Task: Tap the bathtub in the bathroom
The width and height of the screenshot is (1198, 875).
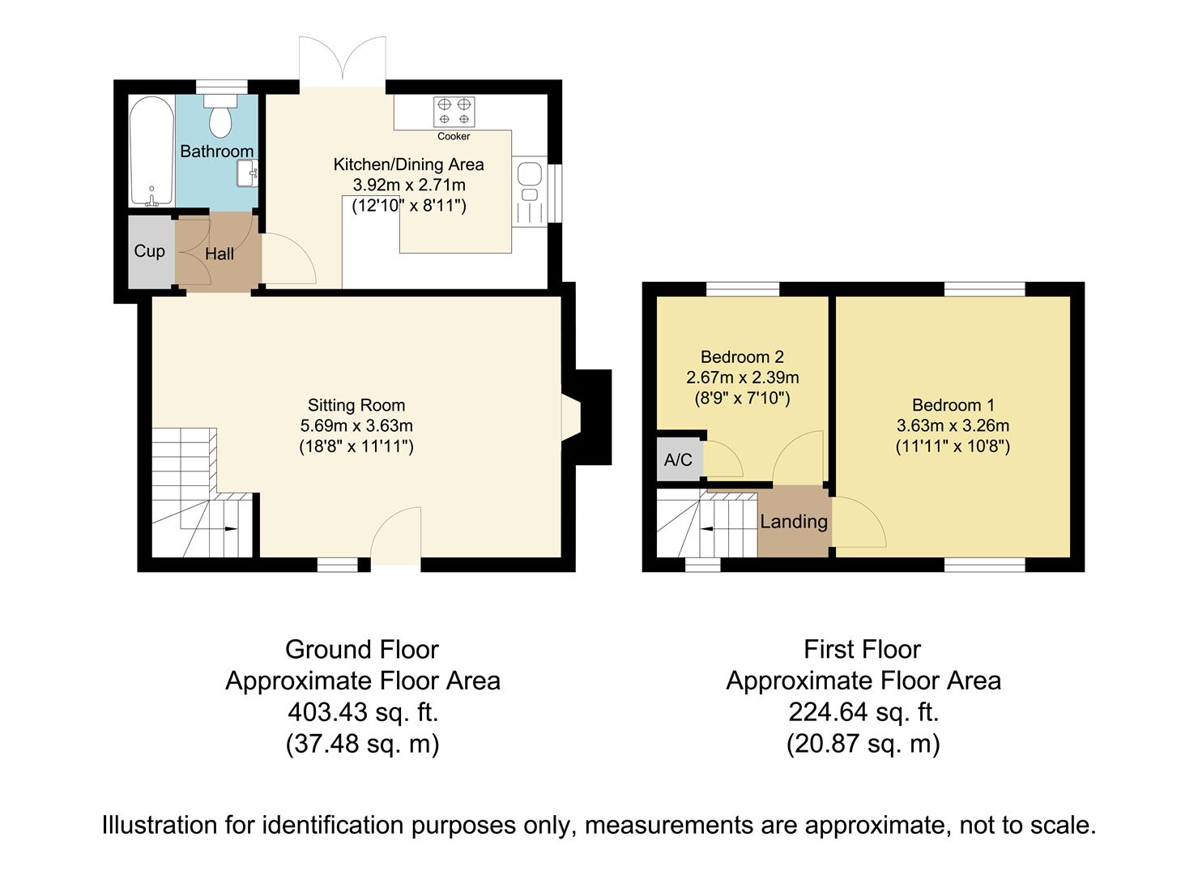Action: (151, 151)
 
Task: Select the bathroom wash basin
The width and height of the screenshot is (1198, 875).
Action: (248, 173)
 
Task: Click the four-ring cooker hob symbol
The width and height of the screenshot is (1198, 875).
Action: (454, 112)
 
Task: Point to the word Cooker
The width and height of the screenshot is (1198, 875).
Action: (454, 136)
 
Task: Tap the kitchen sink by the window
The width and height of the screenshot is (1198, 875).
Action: (530, 191)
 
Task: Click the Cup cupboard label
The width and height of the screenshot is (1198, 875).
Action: (149, 251)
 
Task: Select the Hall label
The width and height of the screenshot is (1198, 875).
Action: (220, 254)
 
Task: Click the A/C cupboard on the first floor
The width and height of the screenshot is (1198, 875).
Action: (679, 459)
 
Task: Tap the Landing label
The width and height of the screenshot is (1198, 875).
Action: (794, 522)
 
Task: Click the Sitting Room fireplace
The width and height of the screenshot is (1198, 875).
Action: (586, 417)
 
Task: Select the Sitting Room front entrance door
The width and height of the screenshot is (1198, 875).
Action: (396, 535)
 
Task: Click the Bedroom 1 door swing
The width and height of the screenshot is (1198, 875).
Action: (859, 522)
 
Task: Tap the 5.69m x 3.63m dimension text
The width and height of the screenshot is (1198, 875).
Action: (356, 425)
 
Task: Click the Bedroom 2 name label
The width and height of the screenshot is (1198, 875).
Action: (742, 356)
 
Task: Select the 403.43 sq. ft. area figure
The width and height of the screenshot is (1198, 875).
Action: (363, 712)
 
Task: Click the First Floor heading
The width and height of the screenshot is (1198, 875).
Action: (862, 650)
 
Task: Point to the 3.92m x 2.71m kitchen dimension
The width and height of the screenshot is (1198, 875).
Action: (409, 185)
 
